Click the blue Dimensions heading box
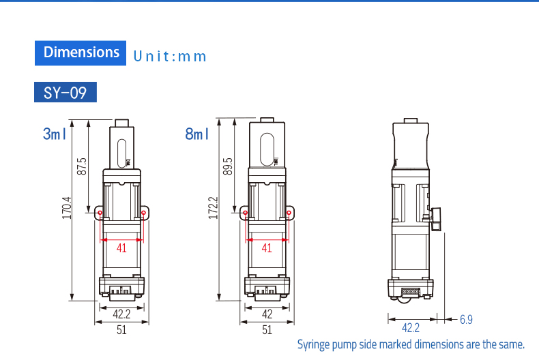[81, 53]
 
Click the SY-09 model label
[65, 92]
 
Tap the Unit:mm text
[170, 57]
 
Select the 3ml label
[55, 134]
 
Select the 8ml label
[196, 134]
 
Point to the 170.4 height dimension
[67, 208]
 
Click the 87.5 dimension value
[82, 166]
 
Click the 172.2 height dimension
[213, 208]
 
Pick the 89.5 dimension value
[228, 166]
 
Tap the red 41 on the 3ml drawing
[121, 247]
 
